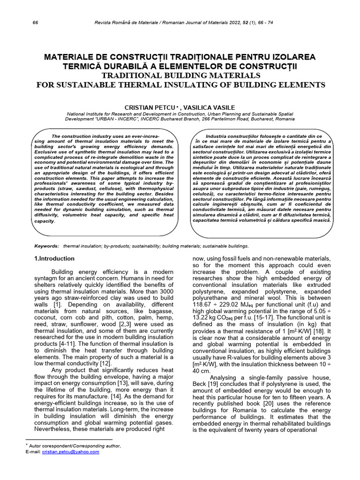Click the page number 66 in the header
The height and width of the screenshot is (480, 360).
point(36,23)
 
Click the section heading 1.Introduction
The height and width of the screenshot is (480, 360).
point(54,258)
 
